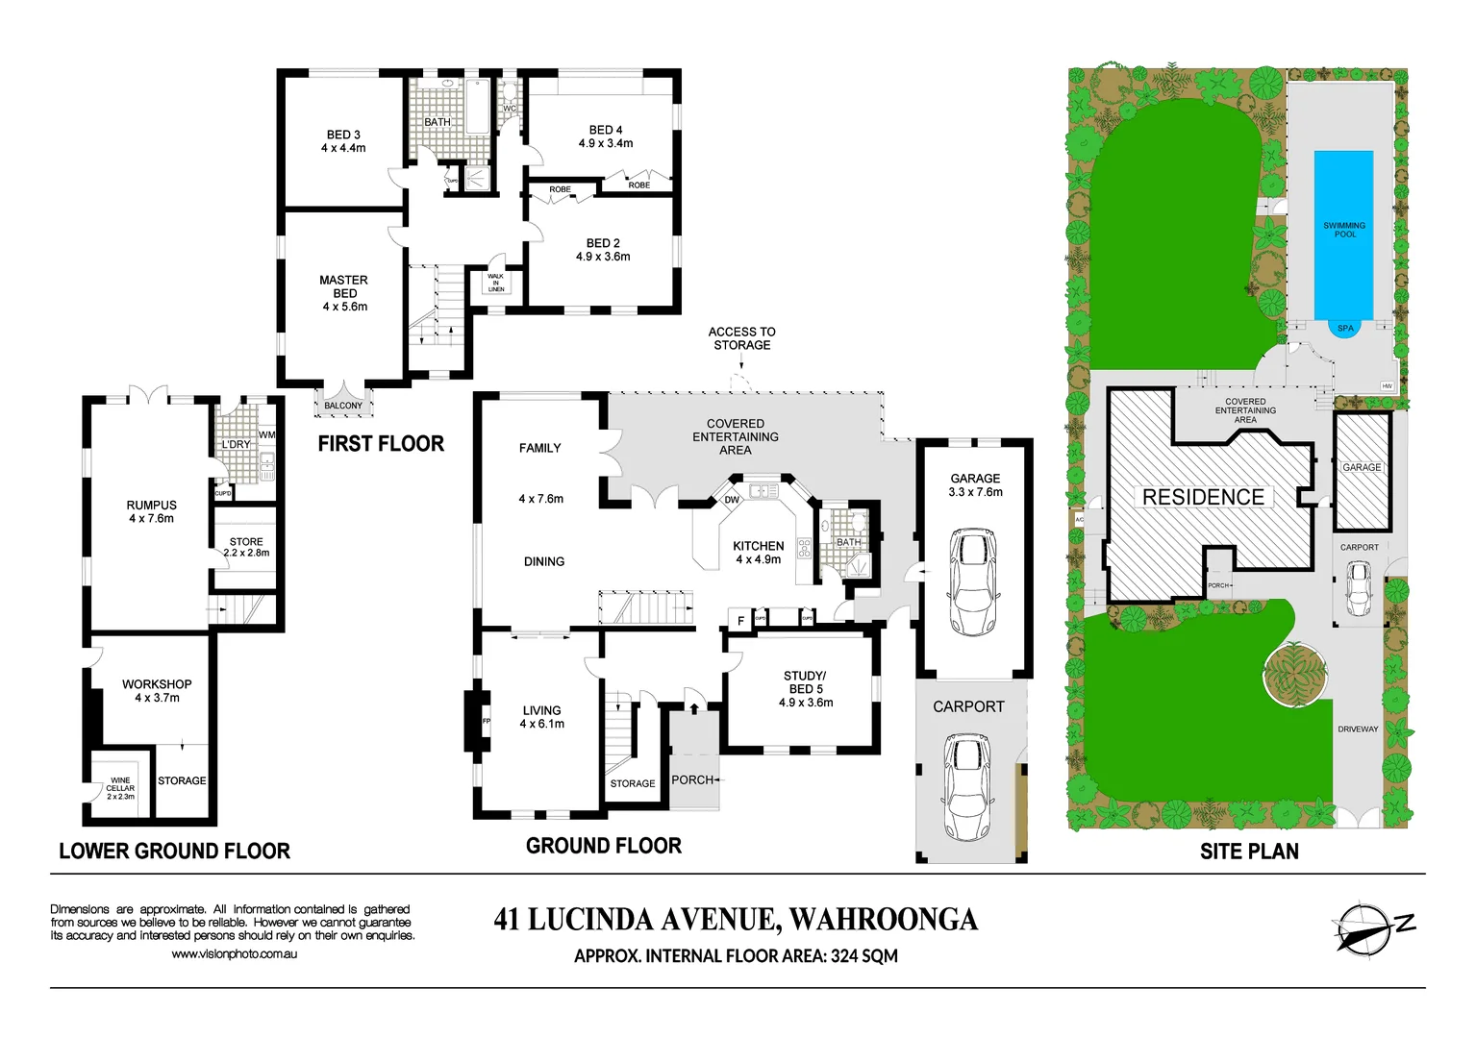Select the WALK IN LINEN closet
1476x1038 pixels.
pos(496,283)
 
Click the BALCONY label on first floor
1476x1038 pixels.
pos(343,406)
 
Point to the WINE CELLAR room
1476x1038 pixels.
pos(120,787)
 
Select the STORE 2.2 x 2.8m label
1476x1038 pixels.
pos(246,547)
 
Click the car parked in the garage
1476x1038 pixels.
pos(973,581)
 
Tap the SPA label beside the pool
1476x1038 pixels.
pos(1345,329)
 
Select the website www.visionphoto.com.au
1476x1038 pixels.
pos(234,954)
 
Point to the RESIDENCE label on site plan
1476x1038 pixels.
pos(1203,497)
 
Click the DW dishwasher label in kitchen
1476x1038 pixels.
pos(732,500)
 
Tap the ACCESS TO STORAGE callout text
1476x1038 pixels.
pos(741,338)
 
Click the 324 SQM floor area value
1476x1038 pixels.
pos(864,956)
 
